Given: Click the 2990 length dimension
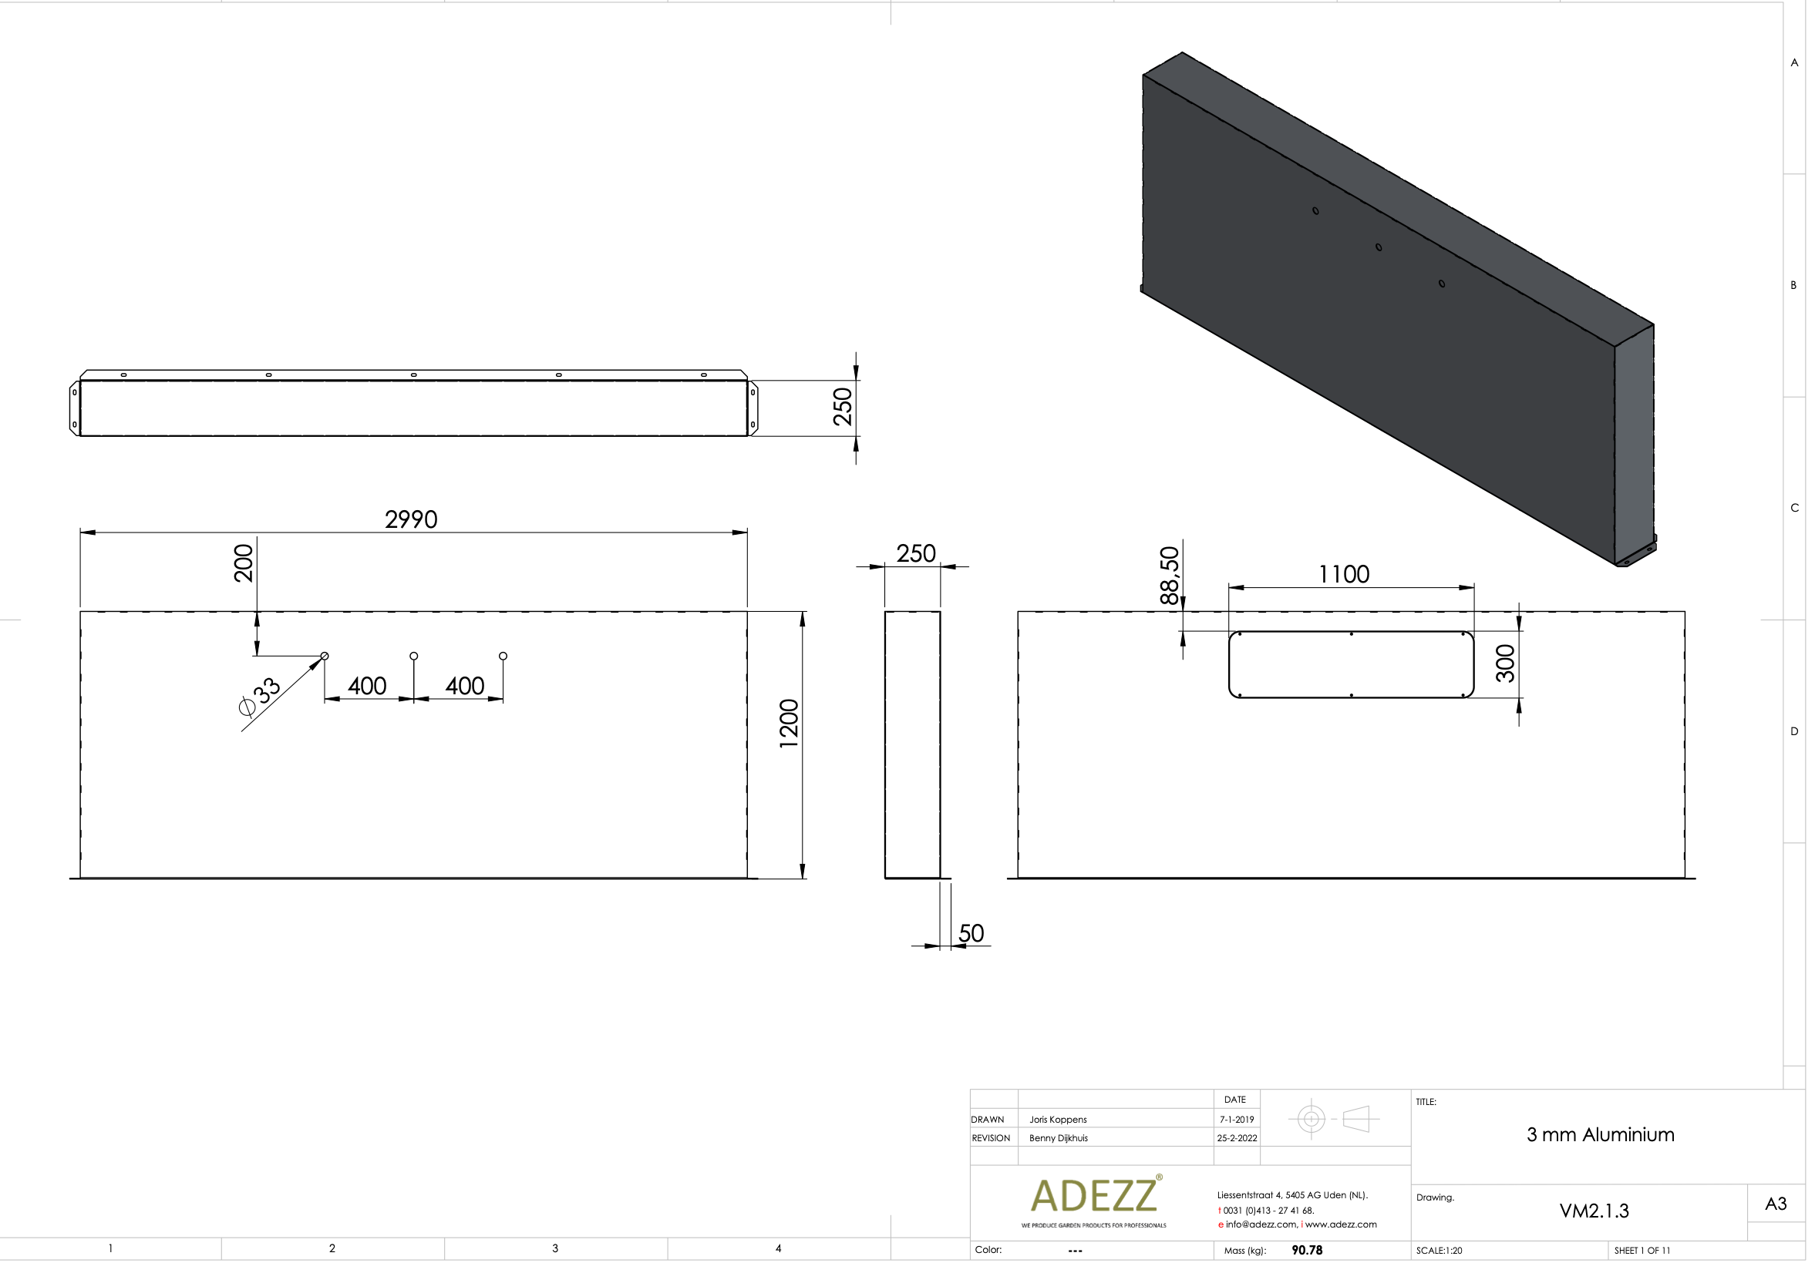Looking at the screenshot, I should click(x=411, y=520).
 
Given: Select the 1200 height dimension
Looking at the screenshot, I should click(x=789, y=724).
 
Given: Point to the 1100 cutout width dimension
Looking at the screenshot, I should click(x=1344, y=575).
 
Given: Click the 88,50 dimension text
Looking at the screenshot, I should click(x=1169, y=576).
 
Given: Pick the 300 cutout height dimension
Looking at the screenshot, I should click(x=1506, y=663).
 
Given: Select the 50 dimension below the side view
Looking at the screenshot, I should click(x=971, y=934).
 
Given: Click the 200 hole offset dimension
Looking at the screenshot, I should click(x=244, y=563).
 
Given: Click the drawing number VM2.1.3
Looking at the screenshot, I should click(x=1594, y=1211).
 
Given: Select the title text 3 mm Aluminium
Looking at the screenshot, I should click(x=1600, y=1136).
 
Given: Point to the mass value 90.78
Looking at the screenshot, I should click(x=1307, y=1251).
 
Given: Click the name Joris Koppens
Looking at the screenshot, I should click(x=1058, y=1120).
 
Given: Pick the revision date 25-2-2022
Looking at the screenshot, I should click(x=1237, y=1139).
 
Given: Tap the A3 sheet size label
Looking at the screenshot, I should click(x=1776, y=1204).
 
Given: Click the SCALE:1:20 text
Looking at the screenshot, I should click(x=1439, y=1251).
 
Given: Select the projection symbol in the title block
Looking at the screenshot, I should click(x=1334, y=1120).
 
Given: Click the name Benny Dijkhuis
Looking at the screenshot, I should click(x=1059, y=1139).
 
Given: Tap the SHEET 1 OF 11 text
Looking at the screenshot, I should click(x=1642, y=1251).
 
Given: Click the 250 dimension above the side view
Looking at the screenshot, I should click(x=915, y=554).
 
